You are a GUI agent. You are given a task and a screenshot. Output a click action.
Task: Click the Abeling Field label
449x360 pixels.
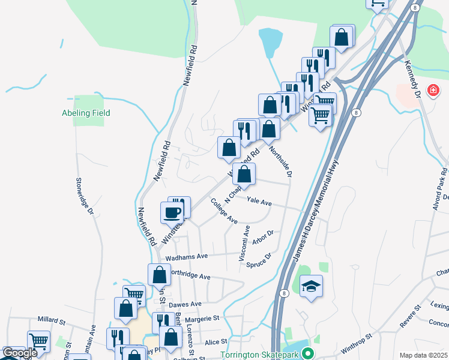click(86, 113)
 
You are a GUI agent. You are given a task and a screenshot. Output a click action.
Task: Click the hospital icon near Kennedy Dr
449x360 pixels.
click(432, 91)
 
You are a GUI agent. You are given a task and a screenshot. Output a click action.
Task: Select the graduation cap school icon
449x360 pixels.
click(312, 286)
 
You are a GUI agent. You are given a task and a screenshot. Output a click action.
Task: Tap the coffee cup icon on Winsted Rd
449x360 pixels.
click(172, 212)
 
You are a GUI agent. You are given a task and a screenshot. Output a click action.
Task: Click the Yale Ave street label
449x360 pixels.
click(260, 203)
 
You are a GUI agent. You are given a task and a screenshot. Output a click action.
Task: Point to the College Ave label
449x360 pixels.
click(224, 212)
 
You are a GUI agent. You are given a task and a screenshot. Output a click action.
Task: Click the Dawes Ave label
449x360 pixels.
click(185, 304)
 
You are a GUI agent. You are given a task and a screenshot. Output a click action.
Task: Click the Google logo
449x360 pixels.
click(20, 353)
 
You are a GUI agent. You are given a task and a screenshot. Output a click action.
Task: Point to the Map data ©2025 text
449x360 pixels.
click(423, 355)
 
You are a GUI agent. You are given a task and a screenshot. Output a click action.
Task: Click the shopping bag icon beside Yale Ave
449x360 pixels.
click(244, 175)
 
